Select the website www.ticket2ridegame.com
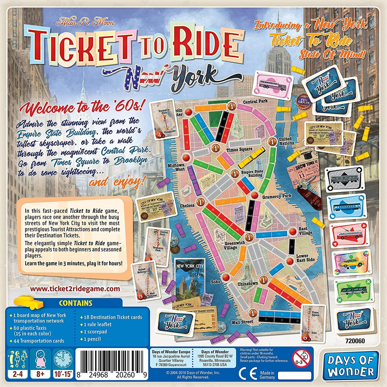coord(75,288)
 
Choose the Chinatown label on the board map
coord(248,284)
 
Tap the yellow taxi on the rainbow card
coord(348,263)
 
